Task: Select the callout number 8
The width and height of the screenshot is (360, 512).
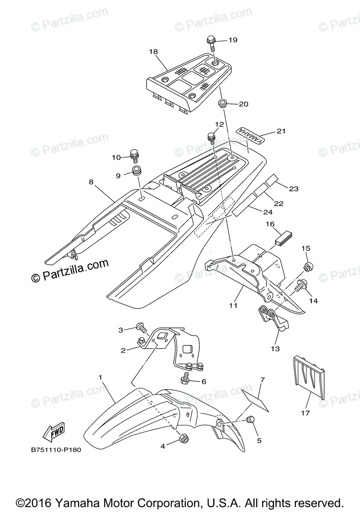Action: [91, 182]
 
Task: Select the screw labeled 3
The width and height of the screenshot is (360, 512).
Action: [140, 328]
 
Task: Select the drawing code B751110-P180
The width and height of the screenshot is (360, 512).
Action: [56, 450]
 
